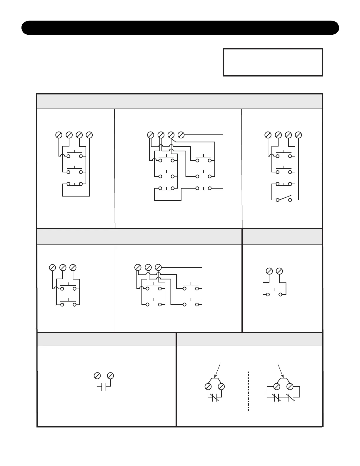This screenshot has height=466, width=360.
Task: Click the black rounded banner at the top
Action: pyautogui.click(x=180, y=28)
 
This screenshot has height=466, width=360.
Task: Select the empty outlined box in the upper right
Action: pyautogui.click(x=273, y=62)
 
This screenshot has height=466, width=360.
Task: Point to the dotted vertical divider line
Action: pyautogui.click(x=248, y=391)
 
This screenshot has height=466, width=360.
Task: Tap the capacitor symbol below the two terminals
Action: pyautogui.click(x=104, y=387)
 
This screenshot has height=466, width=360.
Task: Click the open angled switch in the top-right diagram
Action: pyautogui.click(x=284, y=198)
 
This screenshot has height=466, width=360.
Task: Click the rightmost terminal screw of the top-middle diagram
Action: pyautogui.click(x=181, y=135)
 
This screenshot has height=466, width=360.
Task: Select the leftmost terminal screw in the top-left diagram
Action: pyautogui.click(x=59, y=135)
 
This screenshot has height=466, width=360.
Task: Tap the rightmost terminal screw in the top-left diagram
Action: pyautogui.click(x=89, y=135)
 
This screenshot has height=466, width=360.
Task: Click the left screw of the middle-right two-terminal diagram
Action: pyautogui.click(x=269, y=271)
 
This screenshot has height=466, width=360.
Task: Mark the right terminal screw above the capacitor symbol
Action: pyautogui.click(x=110, y=376)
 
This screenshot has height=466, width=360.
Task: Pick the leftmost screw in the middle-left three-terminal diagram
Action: pyautogui.click(x=52, y=267)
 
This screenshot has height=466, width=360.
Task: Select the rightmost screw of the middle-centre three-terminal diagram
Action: pyautogui.click(x=158, y=267)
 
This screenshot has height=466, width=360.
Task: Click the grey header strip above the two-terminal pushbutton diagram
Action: pyautogui.click(x=282, y=237)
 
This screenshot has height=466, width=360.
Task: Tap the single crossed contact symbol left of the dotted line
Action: pyautogui.click(x=215, y=398)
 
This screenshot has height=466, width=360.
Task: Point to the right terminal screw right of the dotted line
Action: pyautogui.click(x=290, y=387)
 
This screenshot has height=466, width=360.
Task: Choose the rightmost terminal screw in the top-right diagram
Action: pyautogui.click(x=298, y=135)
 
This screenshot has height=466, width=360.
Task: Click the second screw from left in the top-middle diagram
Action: pyautogui.click(x=161, y=135)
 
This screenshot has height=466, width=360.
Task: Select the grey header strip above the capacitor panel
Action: pyautogui.click(x=106, y=339)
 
